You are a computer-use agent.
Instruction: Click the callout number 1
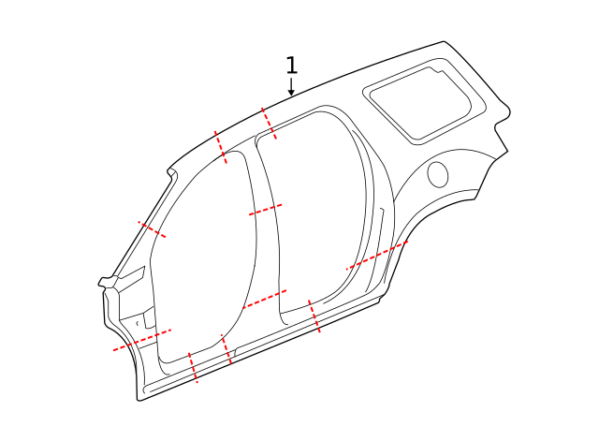click(291, 66)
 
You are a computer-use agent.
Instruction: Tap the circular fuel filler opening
click(437, 173)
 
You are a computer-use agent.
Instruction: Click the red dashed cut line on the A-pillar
click(152, 229)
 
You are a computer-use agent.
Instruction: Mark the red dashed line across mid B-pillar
click(266, 210)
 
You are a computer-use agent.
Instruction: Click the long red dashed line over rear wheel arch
click(377, 256)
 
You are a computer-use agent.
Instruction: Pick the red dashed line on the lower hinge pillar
click(142, 339)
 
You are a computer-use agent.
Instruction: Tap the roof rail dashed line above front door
click(221, 147)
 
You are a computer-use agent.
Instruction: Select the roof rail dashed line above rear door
click(269, 124)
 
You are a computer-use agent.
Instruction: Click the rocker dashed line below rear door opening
click(314, 317)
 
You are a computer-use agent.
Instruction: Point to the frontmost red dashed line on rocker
click(193, 368)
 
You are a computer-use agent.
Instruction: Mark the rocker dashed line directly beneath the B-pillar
click(226, 349)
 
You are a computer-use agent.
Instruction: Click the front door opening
click(206, 262)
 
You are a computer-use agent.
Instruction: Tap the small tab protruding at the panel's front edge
click(104, 281)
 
